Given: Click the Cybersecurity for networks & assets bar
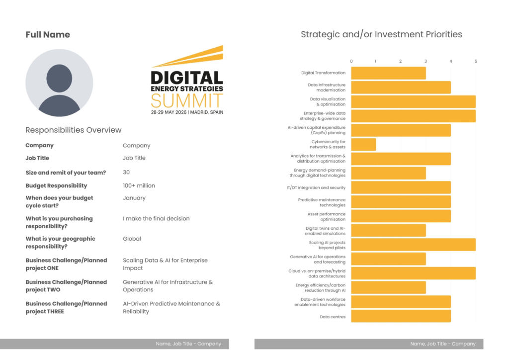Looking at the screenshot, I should pyautogui.click(x=363, y=145).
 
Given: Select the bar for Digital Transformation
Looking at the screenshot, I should pyautogui.click(x=388, y=73).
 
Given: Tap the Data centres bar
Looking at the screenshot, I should pyautogui.click(x=401, y=316).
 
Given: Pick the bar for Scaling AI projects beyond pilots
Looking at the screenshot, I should pyautogui.click(x=413, y=245).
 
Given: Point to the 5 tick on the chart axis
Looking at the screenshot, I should pyautogui.click(x=476, y=62).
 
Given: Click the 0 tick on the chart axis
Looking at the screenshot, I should pyautogui.click(x=351, y=62).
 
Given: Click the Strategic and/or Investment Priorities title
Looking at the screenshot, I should pyautogui.click(x=381, y=34).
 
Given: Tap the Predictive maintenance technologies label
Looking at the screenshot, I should pyautogui.click(x=322, y=202).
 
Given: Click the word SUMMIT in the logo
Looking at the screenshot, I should pyautogui.click(x=187, y=101).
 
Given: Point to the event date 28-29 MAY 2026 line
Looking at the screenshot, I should pyautogui.click(x=187, y=112).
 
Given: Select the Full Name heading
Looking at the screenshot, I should pyautogui.click(x=48, y=35).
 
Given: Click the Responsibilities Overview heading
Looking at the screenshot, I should pyautogui.click(x=74, y=130).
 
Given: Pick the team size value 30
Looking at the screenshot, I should pyautogui.click(x=127, y=172).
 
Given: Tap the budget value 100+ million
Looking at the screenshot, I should pyautogui.click(x=139, y=185).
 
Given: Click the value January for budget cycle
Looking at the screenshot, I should pyautogui.click(x=134, y=198).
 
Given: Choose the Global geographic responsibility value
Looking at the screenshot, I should pyautogui.click(x=132, y=239).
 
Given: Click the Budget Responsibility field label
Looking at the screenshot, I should pyautogui.click(x=56, y=185).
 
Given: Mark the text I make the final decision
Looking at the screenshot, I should pyautogui.click(x=156, y=218).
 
